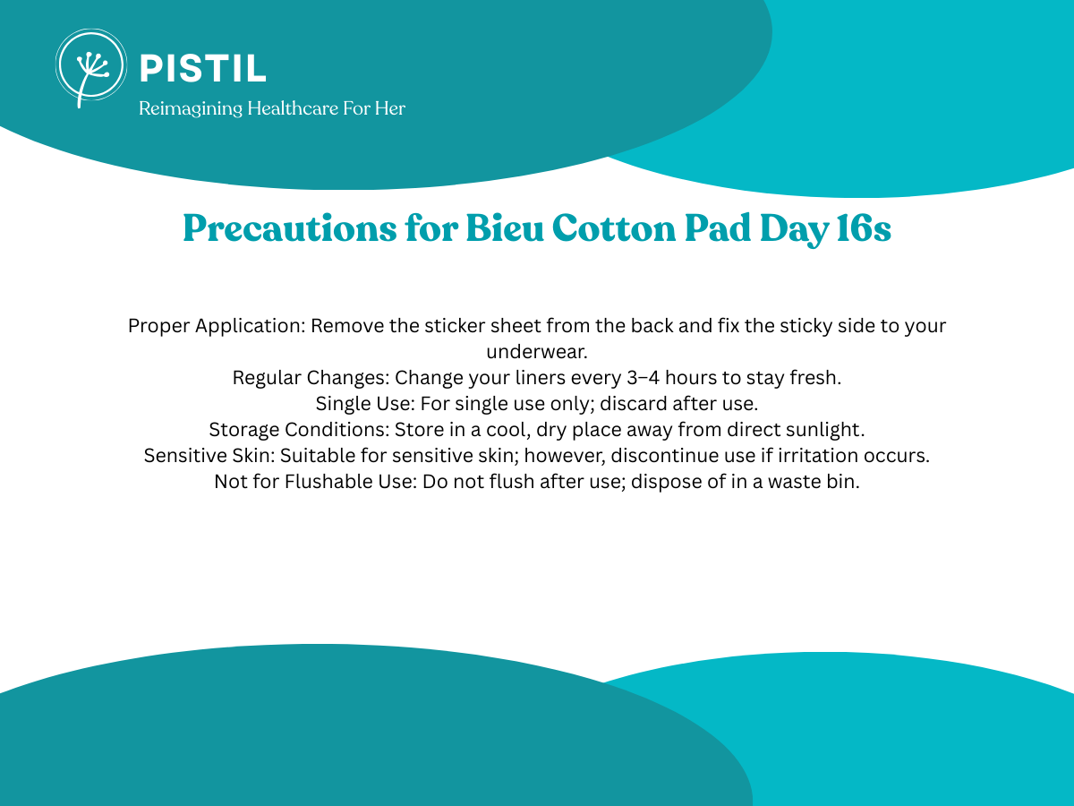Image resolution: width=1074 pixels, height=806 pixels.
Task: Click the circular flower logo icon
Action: (91, 66)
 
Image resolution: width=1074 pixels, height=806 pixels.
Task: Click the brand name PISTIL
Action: (203, 69)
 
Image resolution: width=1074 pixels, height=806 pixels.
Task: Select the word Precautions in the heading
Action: (290, 228)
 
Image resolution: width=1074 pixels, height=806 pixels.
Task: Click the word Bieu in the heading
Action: (505, 228)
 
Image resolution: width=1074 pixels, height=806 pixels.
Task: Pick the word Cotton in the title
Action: (614, 229)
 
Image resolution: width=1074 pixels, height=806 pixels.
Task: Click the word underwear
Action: (537, 352)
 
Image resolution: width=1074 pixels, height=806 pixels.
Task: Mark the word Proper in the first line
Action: (159, 326)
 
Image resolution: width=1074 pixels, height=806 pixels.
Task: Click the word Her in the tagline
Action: (390, 108)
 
